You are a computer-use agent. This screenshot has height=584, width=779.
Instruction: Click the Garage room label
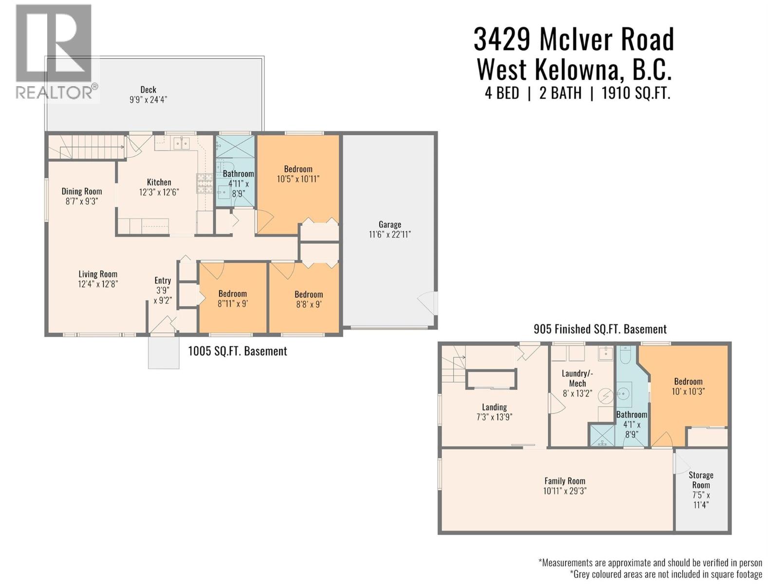tap(390, 224)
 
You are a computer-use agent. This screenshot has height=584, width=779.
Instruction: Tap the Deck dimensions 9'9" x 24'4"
tap(148, 100)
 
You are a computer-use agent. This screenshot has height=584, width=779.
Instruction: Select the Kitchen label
tap(159, 182)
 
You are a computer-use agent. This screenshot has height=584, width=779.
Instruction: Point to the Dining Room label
tap(82, 191)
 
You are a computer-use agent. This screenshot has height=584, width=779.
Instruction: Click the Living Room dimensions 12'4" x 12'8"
tap(98, 284)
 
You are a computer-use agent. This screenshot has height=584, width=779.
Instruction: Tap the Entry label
tap(163, 280)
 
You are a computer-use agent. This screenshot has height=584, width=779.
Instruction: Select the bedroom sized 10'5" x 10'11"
tap(298, 174)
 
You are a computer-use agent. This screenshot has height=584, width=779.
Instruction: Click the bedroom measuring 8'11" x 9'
tap(233, 299)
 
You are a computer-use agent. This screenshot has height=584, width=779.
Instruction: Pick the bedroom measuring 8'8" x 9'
tap(309, 299)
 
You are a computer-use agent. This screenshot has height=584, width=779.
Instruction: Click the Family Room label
tap(565, 481)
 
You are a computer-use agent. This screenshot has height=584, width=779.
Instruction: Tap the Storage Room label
tap(701, 480)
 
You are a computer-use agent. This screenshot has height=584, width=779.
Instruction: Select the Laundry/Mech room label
tap(577, 378)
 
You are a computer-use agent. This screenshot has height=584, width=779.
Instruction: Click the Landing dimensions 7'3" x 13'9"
tap(494, 417)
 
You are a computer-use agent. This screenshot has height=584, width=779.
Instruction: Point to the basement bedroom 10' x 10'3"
tap(688, 386)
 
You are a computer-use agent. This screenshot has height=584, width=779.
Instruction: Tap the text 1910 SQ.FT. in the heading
tap(636, 93)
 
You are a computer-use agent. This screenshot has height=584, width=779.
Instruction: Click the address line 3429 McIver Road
tap(574, 39)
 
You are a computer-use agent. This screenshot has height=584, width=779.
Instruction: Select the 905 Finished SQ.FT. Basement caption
tap(600, 329)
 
